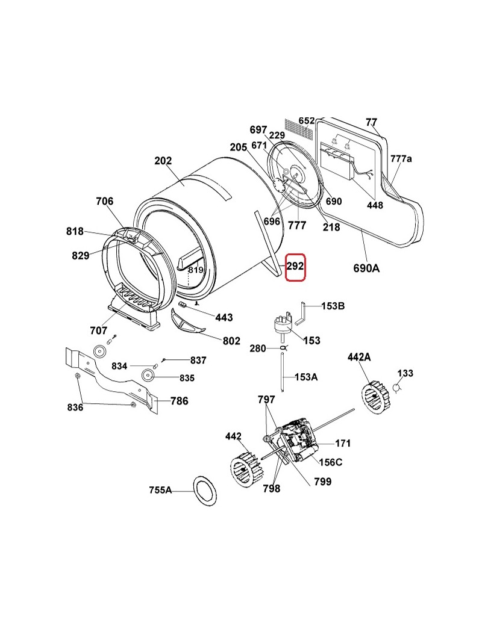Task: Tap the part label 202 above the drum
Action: pos(163,161)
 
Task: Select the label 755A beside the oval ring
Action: pos(161,490)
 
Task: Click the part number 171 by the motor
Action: pos(343,444)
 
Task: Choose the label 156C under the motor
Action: pos(330,462)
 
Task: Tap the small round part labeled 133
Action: pos(397,386)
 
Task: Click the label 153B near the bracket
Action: pos(333,306)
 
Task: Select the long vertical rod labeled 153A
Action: pos(283,373)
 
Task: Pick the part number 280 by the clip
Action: pos(258,349)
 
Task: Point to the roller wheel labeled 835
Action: pos(148,377)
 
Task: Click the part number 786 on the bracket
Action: pos(179,401)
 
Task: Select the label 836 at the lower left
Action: pos(75,408)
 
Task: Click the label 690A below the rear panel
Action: pos(366,268)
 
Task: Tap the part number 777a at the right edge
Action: pos(401,159)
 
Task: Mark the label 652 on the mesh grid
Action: pos(307,121)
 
